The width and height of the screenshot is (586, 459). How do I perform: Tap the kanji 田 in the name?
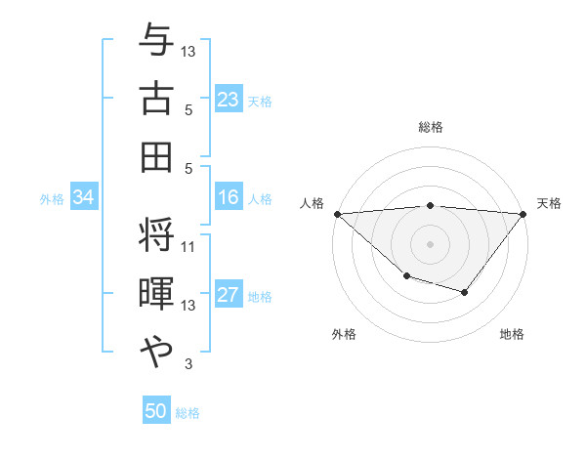[156, 157]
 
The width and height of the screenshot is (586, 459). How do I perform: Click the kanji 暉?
[156, 295]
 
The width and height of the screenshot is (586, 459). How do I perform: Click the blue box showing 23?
[228, 100]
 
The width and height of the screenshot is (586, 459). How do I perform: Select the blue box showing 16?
[228, 198]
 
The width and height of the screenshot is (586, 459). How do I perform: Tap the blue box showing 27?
[228, 296]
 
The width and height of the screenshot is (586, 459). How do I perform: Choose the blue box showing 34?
[84, 198]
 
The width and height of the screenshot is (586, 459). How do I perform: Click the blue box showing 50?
[156, 411]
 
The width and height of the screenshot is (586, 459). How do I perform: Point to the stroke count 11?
[188, 246]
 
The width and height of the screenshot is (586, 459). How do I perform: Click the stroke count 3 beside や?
[188, 365]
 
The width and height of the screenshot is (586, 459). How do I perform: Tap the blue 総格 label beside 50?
[188, 413]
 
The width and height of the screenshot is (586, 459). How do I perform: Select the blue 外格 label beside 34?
[52, 199]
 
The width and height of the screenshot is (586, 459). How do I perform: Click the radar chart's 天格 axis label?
[549, 203]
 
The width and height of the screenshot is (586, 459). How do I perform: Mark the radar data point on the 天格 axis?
[523, 213]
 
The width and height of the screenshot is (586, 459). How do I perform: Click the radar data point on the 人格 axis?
[337, 213]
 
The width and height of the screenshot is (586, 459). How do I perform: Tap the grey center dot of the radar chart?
[430, 243]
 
